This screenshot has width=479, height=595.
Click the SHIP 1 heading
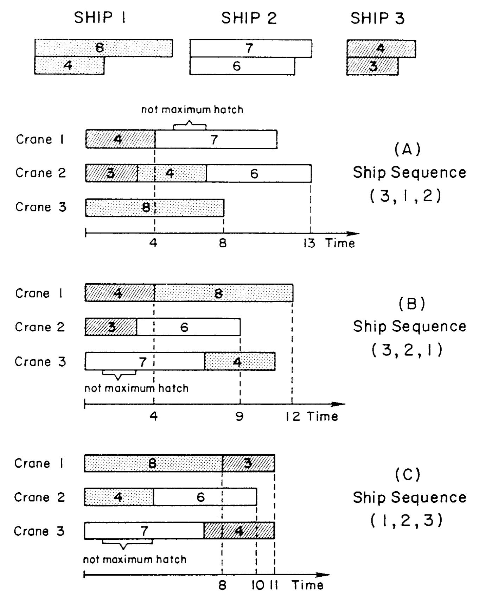point(100,18)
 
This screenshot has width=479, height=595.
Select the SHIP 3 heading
point(377,19)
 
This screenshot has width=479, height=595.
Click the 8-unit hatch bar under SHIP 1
point(103,48)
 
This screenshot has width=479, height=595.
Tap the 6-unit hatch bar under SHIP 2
point(242,66)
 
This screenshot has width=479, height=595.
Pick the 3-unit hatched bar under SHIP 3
point(372,67)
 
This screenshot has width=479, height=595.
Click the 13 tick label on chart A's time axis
point(309,243)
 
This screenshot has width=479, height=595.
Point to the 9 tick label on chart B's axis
point(239,417)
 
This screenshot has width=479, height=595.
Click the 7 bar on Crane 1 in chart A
point(216,139)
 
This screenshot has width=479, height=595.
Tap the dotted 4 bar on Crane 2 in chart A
point(172,173)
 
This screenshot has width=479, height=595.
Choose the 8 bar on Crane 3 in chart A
point(154,207)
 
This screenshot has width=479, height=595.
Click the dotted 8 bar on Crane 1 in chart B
point(223,293)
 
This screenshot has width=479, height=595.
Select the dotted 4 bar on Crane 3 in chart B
point(239,361)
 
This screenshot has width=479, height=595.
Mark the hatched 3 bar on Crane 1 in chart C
point(248,463)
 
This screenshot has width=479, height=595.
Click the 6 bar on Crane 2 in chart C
point(205,497)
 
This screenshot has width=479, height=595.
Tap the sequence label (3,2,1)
point(407,350)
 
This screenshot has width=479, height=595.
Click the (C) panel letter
point(407,474)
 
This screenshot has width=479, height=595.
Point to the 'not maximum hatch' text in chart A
point(192,110)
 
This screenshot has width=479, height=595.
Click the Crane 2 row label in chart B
point(40,327)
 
